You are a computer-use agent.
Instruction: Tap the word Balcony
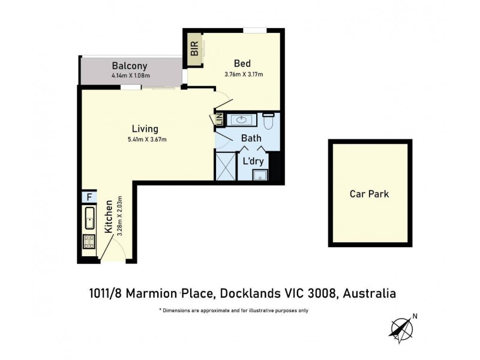click(x=129, y=65)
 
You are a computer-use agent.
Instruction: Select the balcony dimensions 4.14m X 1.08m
click(x=130, y=76)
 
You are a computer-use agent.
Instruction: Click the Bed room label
click(x=242, y=64)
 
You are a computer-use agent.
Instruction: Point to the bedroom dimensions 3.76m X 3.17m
click(x=244, y=74)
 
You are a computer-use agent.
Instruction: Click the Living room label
click(x=145, y=128)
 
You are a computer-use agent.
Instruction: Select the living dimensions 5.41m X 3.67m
click(x=146, y=139)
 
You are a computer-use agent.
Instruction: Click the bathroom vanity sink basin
click(x=242, y=121)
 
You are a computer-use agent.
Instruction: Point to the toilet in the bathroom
click(x=268, y=121)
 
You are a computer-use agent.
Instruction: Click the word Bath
click(x=251, y=139)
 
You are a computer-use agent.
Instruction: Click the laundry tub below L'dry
click(x=260, y=175)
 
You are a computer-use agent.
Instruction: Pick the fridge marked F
click(x=88, y=197)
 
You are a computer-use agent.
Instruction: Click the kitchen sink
click(x=89, y=219)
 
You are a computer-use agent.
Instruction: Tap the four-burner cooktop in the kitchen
click(x=89, y=242)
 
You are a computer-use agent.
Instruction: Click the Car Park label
click(x=369, y=194)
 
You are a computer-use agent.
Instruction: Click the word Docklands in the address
click(x=248, y=293)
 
